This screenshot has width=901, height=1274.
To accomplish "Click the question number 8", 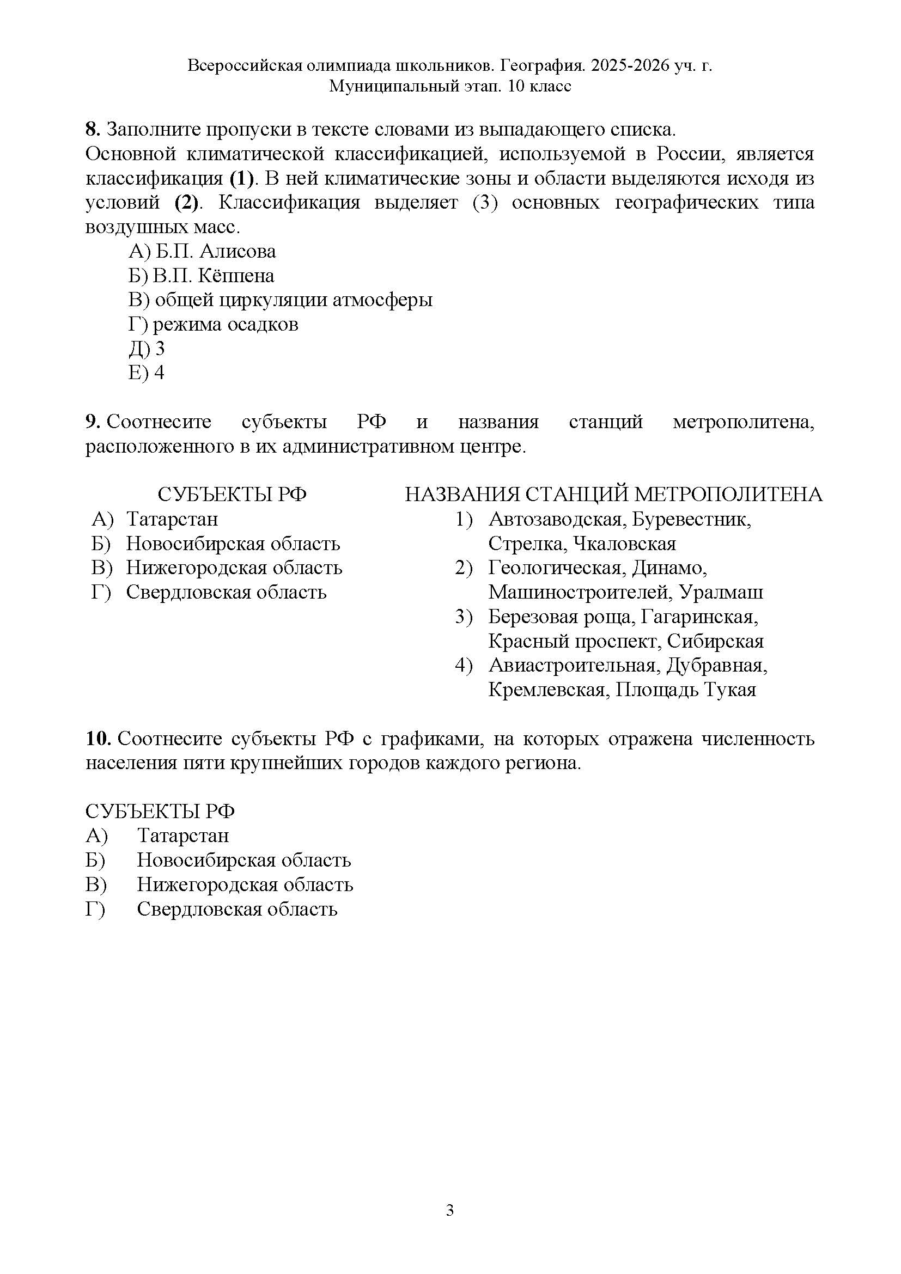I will tap(92, 130).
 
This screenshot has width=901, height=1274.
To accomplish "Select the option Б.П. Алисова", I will tap(215, 251).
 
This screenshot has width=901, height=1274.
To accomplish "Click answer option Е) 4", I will tap(147, 373).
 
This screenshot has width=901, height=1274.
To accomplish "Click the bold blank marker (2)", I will tap(186, 203).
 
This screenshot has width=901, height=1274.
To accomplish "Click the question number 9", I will tap(92, 422).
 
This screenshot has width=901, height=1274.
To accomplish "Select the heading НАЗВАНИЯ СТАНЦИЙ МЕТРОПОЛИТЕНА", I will tap(613, 495).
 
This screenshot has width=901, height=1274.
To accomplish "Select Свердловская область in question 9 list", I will tap(226, 593).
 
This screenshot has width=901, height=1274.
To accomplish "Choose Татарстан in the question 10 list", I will tap(183, 836).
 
